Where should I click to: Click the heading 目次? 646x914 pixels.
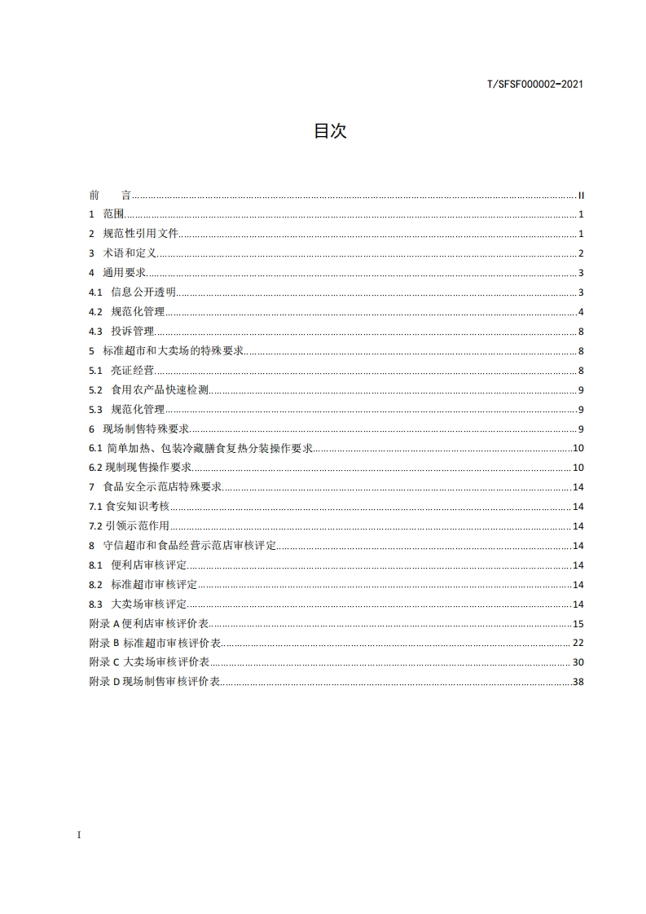coord(330,131)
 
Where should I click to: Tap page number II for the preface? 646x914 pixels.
coord(582,196)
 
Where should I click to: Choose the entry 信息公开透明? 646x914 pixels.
coord(143,292)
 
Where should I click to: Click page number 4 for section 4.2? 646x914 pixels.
coord(581,312)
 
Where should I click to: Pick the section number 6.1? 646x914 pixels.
coord(95,448)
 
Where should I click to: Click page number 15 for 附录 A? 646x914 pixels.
coord(578,624)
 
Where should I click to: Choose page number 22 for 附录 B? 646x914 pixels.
coord(578,644)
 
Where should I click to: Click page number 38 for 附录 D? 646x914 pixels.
coord(578,682)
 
